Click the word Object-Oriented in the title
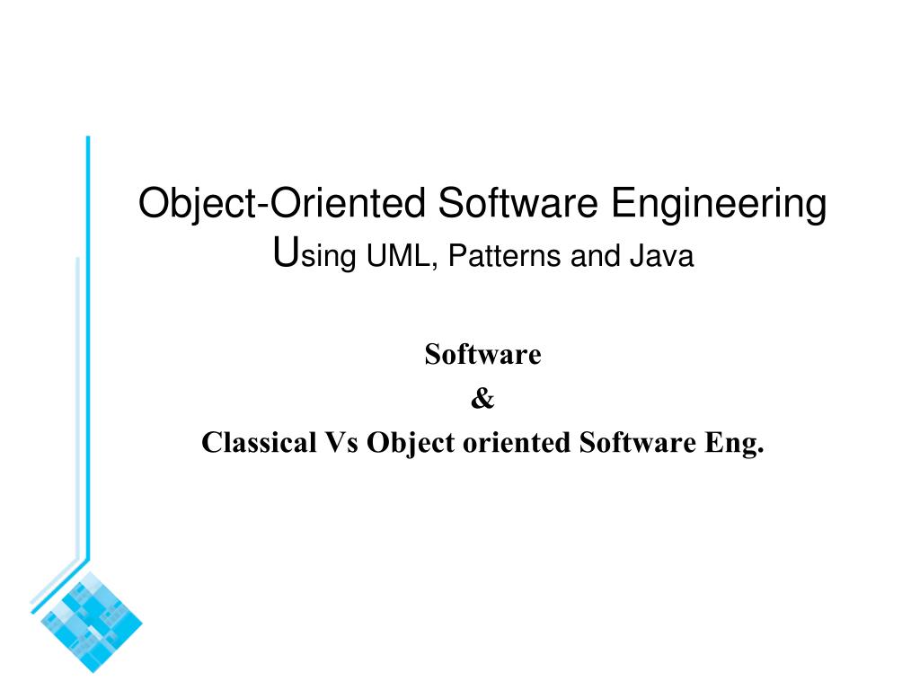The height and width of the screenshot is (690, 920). [283, 203]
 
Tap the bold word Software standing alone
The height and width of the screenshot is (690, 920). [482, 355]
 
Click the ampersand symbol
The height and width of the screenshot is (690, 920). [482, 399]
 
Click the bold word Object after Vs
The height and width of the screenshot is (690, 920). [410, 443]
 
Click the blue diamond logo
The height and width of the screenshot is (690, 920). [93, 619]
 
